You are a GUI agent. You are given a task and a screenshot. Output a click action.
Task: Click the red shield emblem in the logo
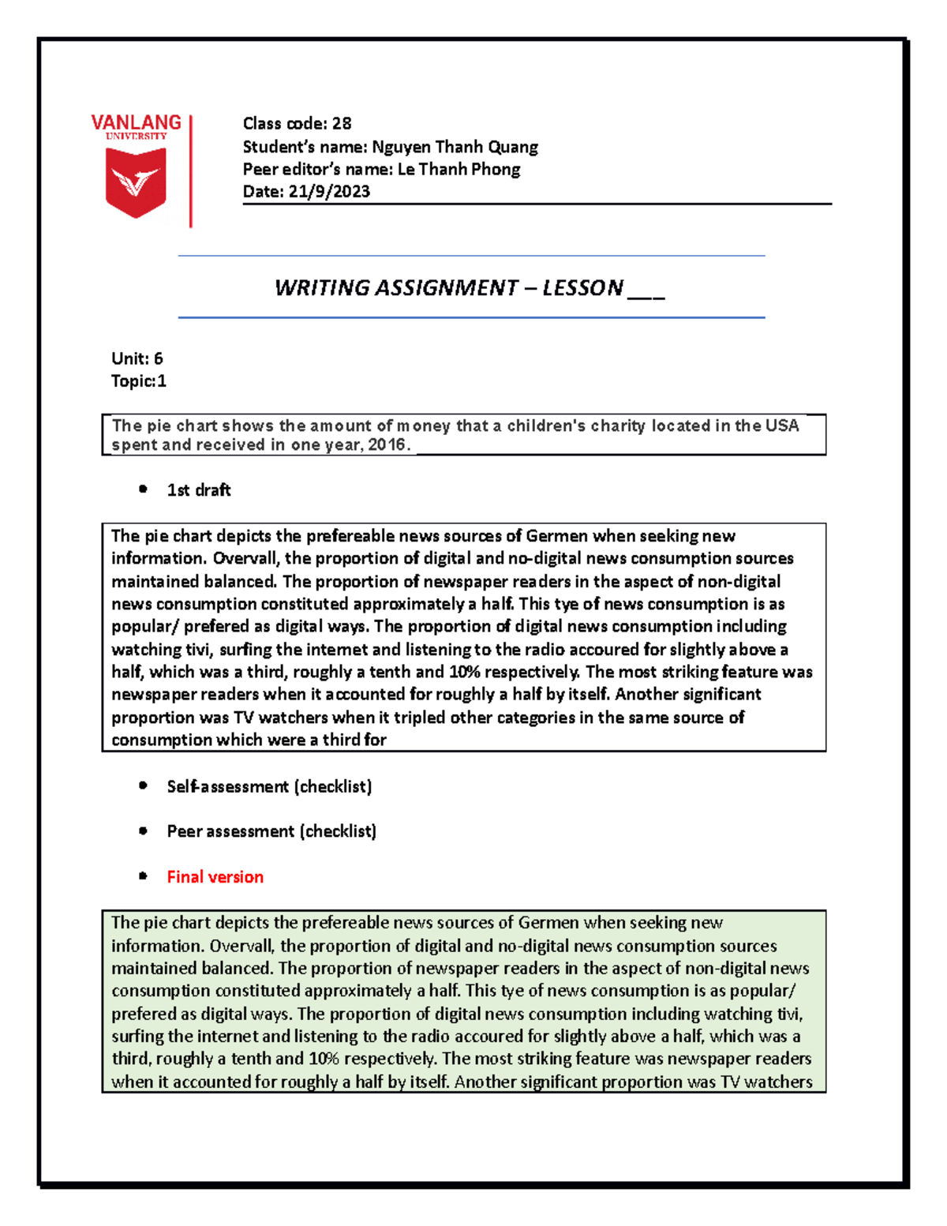[x=136, y=182]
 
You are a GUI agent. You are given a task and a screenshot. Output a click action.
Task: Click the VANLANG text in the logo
[x=136, y=122]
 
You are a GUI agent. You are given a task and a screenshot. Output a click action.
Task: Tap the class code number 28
[x=341, y=123]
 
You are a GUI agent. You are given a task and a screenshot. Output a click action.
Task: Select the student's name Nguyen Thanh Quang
[x=455, y=147]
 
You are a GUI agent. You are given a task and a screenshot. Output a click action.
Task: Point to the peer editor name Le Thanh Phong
[x=459, y=169]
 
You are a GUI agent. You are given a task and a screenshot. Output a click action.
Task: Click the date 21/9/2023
[x=329, y=191]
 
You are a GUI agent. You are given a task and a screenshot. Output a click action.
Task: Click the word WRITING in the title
[x=321, y=287]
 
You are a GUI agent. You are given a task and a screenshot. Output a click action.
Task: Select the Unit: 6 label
[x=137, y=358]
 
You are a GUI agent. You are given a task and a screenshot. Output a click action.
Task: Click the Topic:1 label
[x=138, y=381]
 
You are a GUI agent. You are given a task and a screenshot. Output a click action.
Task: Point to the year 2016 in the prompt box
[x=387, y=445]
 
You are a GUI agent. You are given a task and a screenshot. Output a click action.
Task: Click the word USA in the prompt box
[x=781, y=426]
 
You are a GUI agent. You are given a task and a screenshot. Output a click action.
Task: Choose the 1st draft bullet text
[x=199, y=490]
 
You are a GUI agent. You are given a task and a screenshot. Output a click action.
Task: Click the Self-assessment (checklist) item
[x=269, y=786]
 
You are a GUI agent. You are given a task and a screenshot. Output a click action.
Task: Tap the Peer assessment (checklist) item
[x=271, y=831]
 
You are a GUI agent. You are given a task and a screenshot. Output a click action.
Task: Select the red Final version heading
[x=215, y=877]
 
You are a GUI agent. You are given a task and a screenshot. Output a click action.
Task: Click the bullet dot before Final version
[x=143, y=876]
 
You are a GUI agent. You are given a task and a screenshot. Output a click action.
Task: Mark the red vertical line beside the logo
[x=191, y=171]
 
